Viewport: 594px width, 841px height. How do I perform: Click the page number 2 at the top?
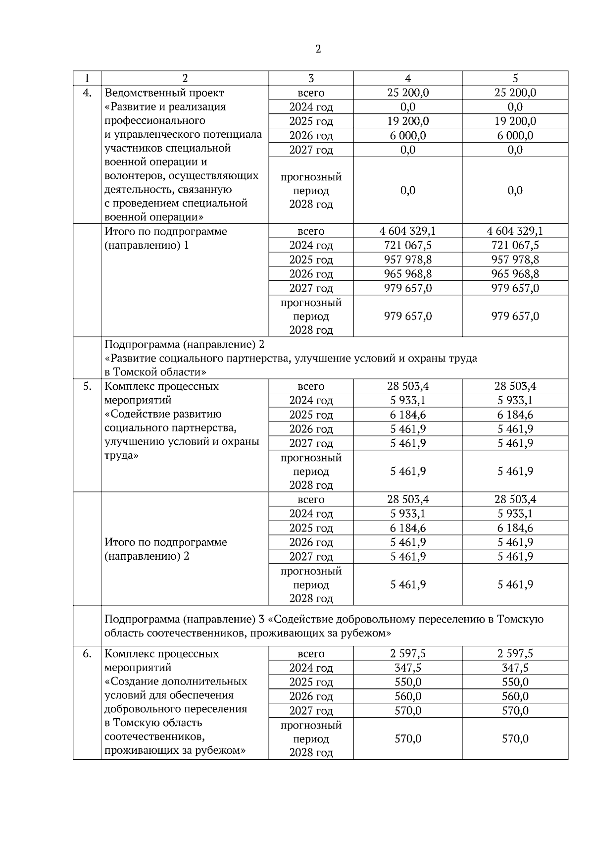coord(318,49)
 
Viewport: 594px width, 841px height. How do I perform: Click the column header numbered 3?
coord(311,78)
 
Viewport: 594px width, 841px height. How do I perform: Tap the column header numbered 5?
coord(515,78)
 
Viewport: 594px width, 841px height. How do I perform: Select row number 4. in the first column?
coord(87,93)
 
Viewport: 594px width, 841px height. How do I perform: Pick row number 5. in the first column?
coord(87,386)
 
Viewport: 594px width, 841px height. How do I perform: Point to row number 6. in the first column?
coord(87,654)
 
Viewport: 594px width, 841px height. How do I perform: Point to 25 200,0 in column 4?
coord(408,93)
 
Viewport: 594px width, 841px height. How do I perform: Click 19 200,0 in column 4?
coord(408,121)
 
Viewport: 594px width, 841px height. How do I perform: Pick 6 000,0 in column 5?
coord(515,136)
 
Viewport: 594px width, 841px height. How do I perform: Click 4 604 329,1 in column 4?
coord(408,231)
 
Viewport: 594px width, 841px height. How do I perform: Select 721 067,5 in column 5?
coord(515,245)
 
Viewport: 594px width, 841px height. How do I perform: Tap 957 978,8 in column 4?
coord(408,260)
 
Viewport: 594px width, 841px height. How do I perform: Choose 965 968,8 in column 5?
coord(515,274)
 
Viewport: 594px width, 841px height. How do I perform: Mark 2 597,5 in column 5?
coord(515,654)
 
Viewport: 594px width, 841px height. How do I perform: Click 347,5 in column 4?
coord(408,668)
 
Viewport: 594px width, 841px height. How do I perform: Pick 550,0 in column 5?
coord(515,682)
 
